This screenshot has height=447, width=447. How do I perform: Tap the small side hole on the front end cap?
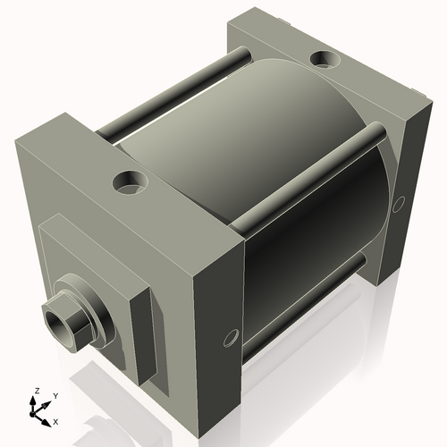[x=231, y=338]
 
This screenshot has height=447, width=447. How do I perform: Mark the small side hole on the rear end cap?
[x=400, y=198]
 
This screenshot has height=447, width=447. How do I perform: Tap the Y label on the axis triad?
[x=55, y=394]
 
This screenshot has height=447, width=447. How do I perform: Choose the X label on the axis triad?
[x=56, y=420]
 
